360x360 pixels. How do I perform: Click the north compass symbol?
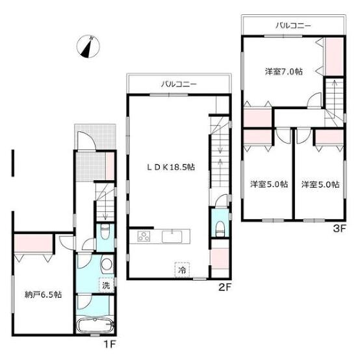coord(88,46)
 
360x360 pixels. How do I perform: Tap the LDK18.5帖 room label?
coord(171,167)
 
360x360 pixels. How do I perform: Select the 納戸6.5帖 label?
coord(43,294)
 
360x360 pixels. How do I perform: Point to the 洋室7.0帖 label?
coord(284,71)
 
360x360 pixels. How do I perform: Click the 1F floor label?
coord(109,344)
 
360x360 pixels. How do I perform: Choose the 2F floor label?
coord(224,287)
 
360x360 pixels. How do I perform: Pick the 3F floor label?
coord(339,229)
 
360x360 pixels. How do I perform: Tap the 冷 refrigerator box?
coord(182,270)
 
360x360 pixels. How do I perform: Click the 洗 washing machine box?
coord(106,285)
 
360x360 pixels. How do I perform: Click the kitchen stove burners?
coord(144,237)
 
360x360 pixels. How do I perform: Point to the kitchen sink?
coord(172,237)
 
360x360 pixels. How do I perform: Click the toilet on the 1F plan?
coord(105,231)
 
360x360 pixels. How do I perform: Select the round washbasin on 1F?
coord(107,264)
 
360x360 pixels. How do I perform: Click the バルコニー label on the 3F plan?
coord(293,25)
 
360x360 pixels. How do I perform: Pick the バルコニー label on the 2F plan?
coord(179,84)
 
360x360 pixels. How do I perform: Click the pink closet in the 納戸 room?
coord(34,243)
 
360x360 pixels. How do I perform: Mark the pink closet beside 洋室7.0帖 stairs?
coord(334,57)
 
